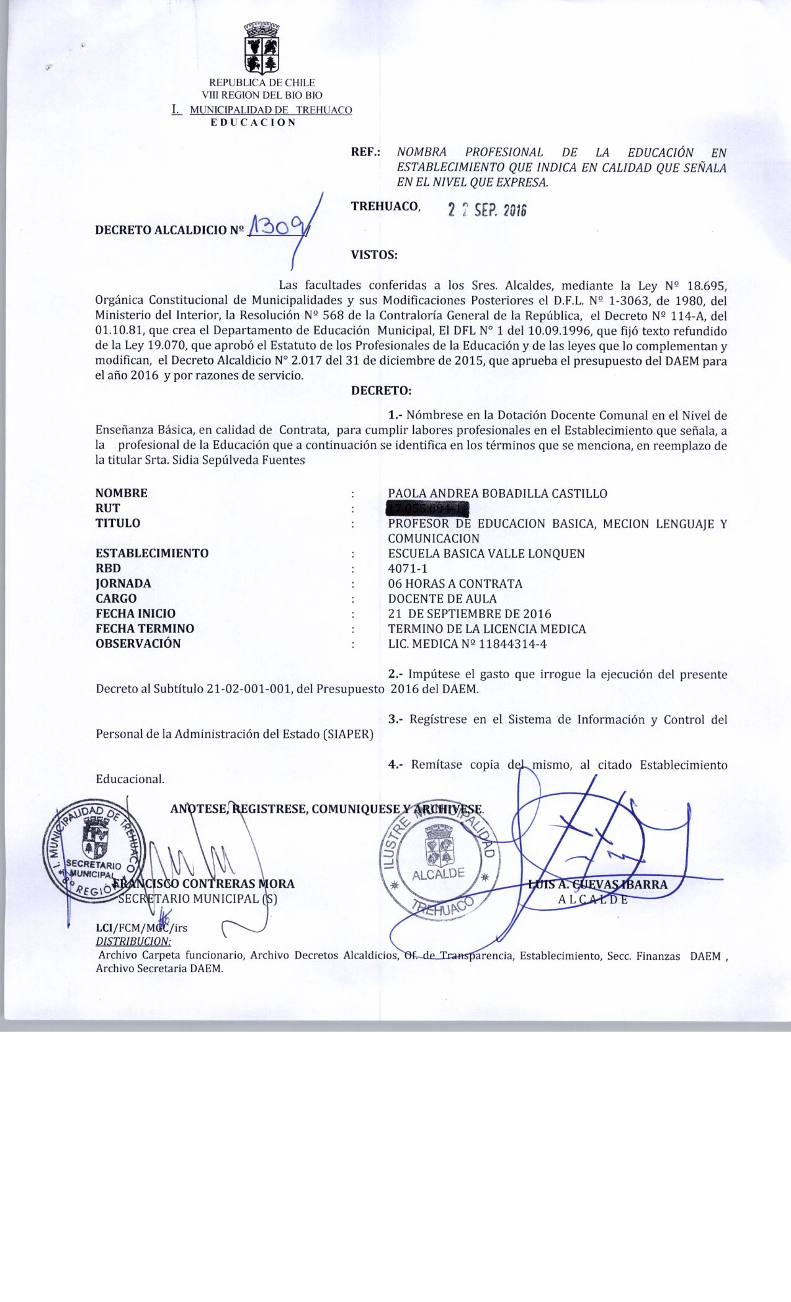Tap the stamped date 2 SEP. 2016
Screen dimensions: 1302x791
tap(487, 210)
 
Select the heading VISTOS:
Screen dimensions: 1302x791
tap(374, 254)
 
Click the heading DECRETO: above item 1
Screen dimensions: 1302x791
tap(381, 391)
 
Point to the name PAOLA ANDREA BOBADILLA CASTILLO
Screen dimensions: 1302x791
tap(497, 494)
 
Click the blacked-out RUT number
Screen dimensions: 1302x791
tap(427, 509)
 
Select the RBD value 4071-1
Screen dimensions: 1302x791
tap(408, 569)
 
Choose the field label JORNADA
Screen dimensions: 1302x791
tap(123, 583)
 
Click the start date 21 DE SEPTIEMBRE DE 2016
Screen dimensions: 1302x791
tap(469, 614)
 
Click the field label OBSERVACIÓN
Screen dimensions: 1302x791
tap(138, 644)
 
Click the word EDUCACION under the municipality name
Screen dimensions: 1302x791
tap(253, 122)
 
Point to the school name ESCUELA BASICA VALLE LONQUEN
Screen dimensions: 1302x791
tap(486, 554)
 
